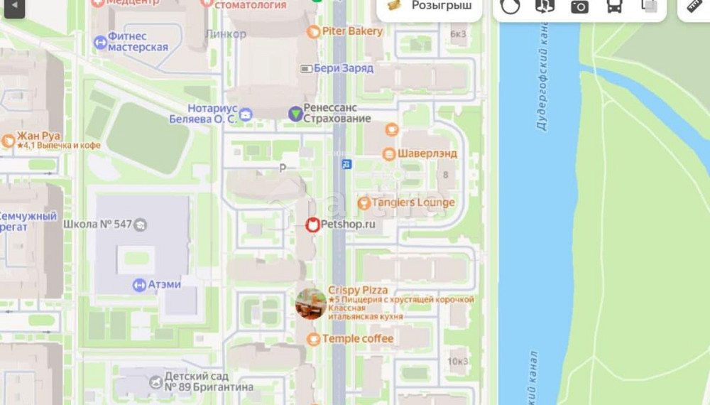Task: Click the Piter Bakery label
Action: coord(352,31)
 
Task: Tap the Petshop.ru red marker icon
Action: coord(312,225)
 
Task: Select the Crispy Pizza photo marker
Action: coord(310,304)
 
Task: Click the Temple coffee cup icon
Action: coord(313,339)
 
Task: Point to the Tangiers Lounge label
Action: coord(413,202)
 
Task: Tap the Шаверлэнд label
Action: coord(427,153)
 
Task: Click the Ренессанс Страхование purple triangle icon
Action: coord(295,113)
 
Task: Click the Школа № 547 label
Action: coord(98,225)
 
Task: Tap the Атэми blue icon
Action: coord(139,285)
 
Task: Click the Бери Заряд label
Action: coord(343,68)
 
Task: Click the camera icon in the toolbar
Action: coord(579,6)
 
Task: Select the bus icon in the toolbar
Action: coord(614,6)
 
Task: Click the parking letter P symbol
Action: coord(283,168)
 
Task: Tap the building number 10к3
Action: coord(458,361)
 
